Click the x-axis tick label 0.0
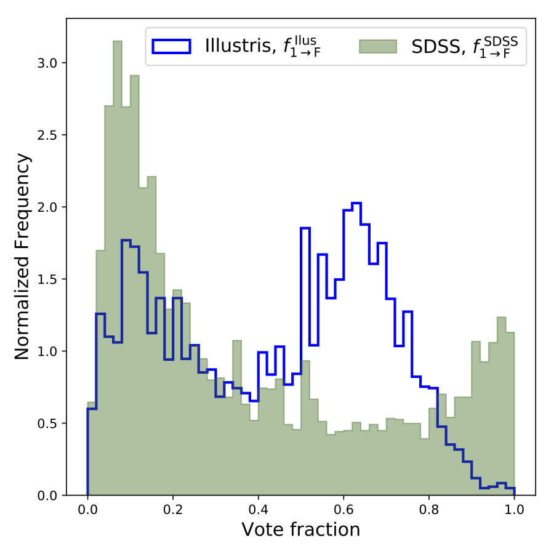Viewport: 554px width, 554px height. pyautogui.click(x=87, y=510)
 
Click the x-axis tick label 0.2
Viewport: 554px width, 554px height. pyautogui.click(x=173, y=510)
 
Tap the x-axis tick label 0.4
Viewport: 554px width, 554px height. pyautogui.click(x=258, y=510)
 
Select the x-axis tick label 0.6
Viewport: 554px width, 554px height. pyautogui.click(x=343, y=510)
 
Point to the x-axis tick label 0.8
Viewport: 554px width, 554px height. pyautogui.click(x=429, y=510)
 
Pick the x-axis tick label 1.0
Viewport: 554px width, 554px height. pyautogui.click(x=514, y=510)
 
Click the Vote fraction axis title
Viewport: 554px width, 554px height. pyautogui.click(x=300, y=530)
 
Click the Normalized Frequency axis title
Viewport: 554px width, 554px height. pyautogui.click(x=22, y=257)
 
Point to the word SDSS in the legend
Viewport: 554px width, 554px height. pyautogui.click(x=436, y=47)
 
